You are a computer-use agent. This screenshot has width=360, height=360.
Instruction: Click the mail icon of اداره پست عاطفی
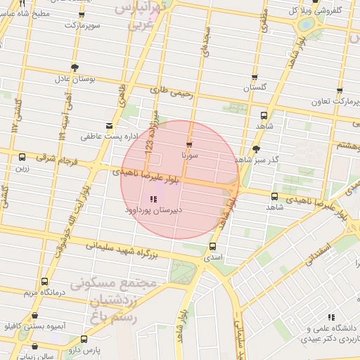tap(108, 124)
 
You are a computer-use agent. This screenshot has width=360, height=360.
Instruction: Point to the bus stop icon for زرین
tap(22, 157)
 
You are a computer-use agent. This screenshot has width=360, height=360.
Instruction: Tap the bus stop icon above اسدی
tap(212, 246)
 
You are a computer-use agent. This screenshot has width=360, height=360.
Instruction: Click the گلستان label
tap(255, 89)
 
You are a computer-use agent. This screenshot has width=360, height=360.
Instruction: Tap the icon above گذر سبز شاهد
tap(256, 149)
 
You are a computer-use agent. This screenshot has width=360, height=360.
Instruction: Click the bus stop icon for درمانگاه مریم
tap(44, 281)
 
